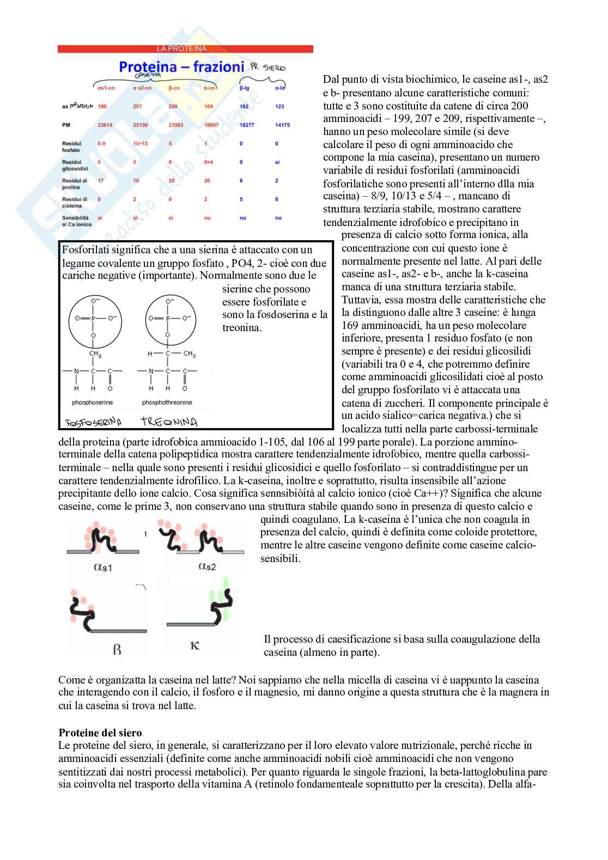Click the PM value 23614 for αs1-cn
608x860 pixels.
(x=105, y=125)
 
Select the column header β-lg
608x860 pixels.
(x=244, y=88)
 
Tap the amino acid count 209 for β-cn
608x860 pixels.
(x=173, y=107)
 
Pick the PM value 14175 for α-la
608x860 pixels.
(x=282, y=125)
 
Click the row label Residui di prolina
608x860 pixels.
(x=75, y=184)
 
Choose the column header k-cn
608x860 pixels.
(x=209, y=88)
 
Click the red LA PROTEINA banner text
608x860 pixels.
(x=182, y=49)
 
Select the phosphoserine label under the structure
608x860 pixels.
(x=93, y=402)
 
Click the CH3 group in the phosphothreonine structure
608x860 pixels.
(x=189, y=354)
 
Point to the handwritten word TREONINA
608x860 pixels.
(x=169, y=422)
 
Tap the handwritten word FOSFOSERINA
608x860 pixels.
(x=93, y=423)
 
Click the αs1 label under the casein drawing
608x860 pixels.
(x=103, y=568)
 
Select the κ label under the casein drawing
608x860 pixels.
(x=195, y=646)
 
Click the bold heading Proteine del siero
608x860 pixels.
(x=100, y=733)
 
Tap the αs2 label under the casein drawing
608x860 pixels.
(x=207, y=566)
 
